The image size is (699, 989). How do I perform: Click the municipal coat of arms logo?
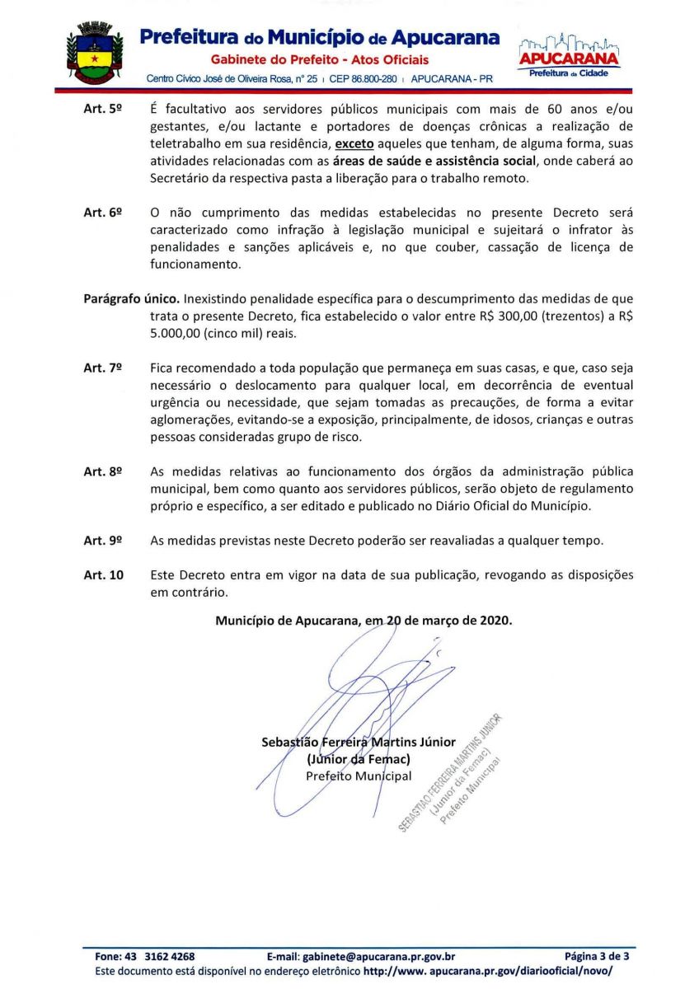click(94, 54)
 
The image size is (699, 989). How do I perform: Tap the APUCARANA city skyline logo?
click(569, 54)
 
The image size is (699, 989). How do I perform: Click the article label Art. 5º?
click(103, 110)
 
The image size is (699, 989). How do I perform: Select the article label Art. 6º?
click(103, 213)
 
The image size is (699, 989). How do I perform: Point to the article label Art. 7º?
click(103, 368)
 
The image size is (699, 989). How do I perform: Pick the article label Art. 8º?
click(103, 471)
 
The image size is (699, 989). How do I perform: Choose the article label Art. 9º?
click(103, 541)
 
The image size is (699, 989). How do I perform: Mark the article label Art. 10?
click(103, 574)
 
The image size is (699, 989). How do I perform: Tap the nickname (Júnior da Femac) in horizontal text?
click(358, 758)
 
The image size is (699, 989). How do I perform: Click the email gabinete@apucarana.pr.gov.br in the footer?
click(361, 957)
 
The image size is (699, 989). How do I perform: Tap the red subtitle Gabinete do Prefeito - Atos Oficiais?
click(320, 60)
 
